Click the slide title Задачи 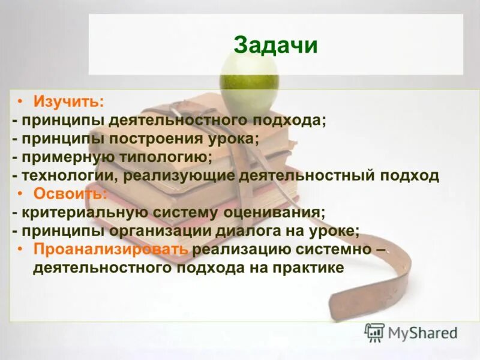[275, 46]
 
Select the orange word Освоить [70, 194]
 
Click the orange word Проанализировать [112, 249]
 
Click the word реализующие [180, 176]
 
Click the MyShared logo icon [374, 331]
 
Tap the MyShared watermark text [422, 332]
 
